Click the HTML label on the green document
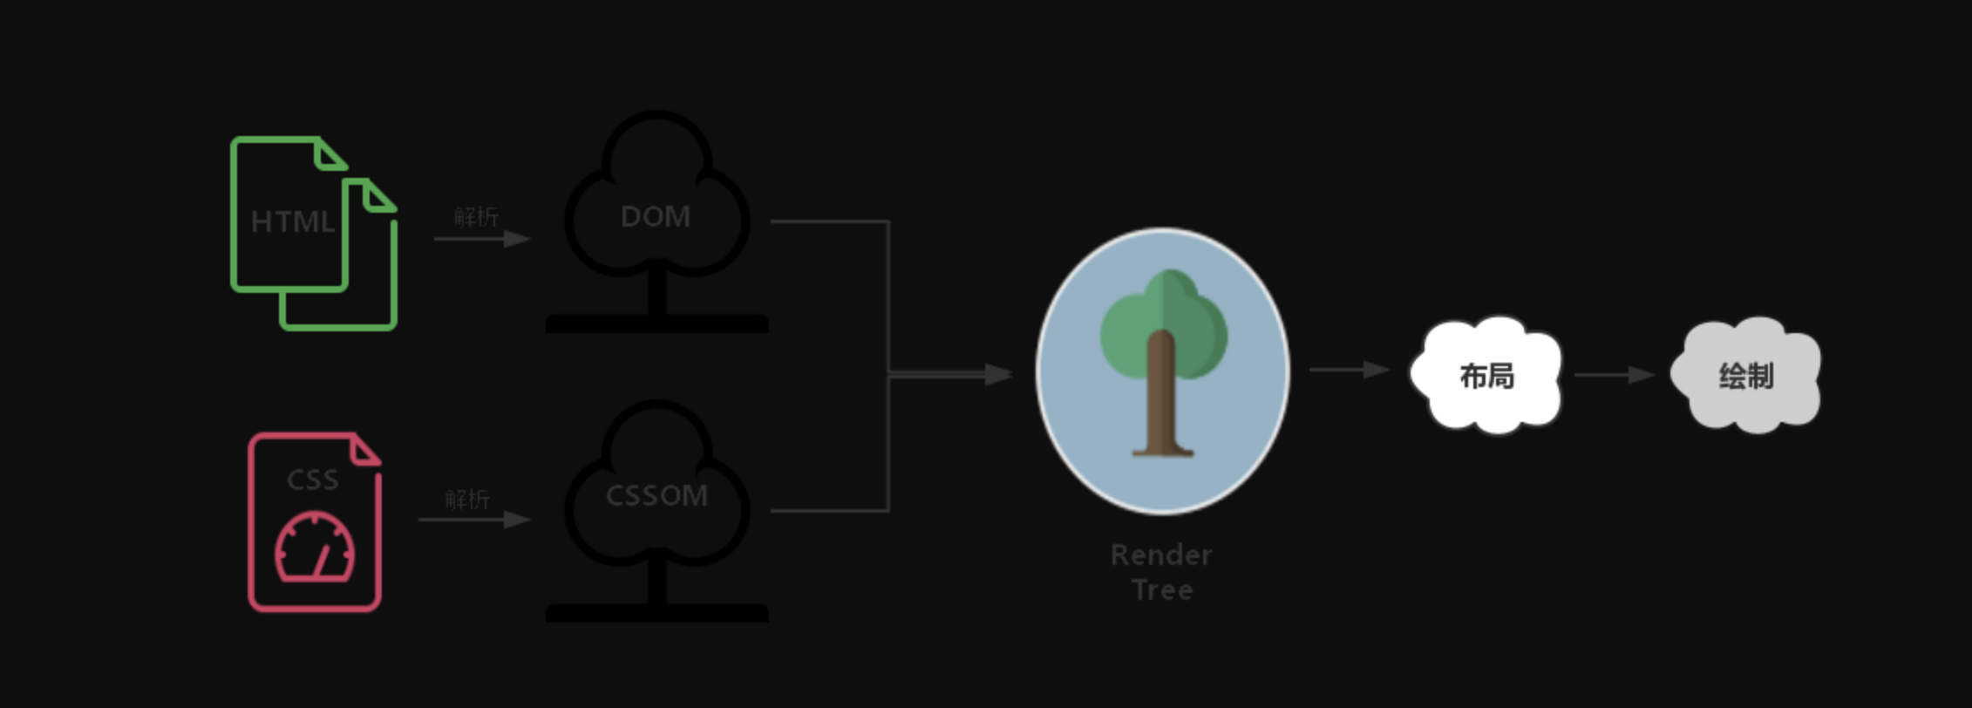tap(292, 221)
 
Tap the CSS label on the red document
tap(312, 480)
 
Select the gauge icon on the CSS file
tap(315, 548)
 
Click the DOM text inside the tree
tap(656, 216)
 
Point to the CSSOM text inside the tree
tap(656, 495)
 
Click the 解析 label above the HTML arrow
tap(476, 216)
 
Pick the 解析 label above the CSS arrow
tap(467, 499)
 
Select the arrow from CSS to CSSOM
tap(474, 520)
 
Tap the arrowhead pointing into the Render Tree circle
tap(998, 375)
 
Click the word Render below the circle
tap(1161, 555)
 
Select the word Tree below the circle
tap(1162, 590)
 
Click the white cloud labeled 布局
tap(1486, 375)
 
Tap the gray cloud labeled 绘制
tap(1746, 375)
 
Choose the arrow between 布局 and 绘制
tap(1614, 375)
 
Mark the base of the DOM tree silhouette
tap(656, 323)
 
